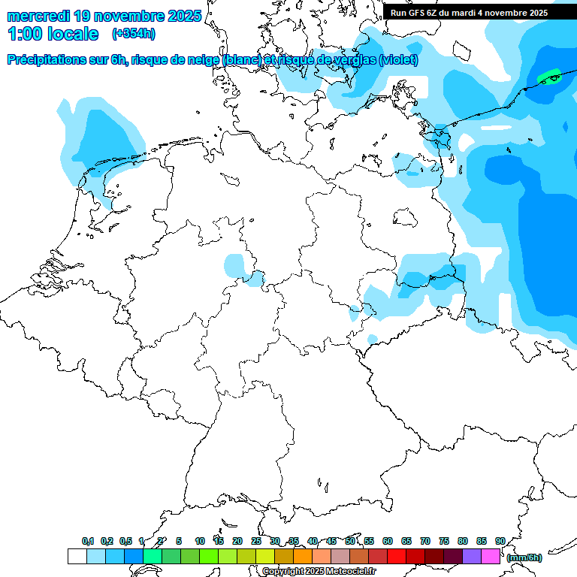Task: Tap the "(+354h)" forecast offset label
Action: coord(134,34)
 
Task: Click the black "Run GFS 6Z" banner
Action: coord(469,13)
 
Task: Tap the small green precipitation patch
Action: coord(550,77)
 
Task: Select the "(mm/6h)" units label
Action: coord(524,557)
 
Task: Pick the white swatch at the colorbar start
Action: coord(77,557)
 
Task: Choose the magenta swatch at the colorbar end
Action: coord(491,557)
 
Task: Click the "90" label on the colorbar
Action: coord(500,541)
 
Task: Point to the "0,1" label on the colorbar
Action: coord(88,541)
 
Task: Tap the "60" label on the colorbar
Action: coord(388,541)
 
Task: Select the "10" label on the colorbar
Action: coord(200,541)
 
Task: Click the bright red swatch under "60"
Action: coord(397,557)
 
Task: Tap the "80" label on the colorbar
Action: coord(463,541)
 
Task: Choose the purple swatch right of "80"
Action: coord(472,557)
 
